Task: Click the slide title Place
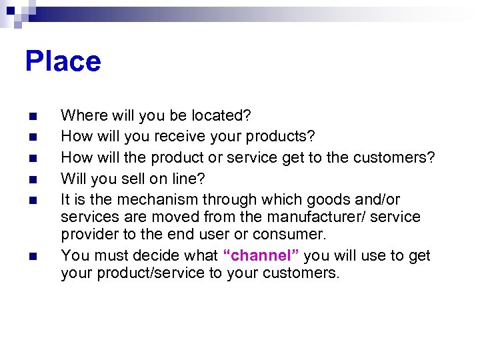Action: pyautogui.click(x=63, y=62)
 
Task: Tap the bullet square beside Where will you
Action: pyautogui.click(x=33, y=116)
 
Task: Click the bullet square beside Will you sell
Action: pyautogui.click(x=33, y=179)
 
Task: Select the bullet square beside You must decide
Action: pyautogui.click(x=33, y=256)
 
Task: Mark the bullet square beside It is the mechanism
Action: pyautogui.click(x=33, y=200)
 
